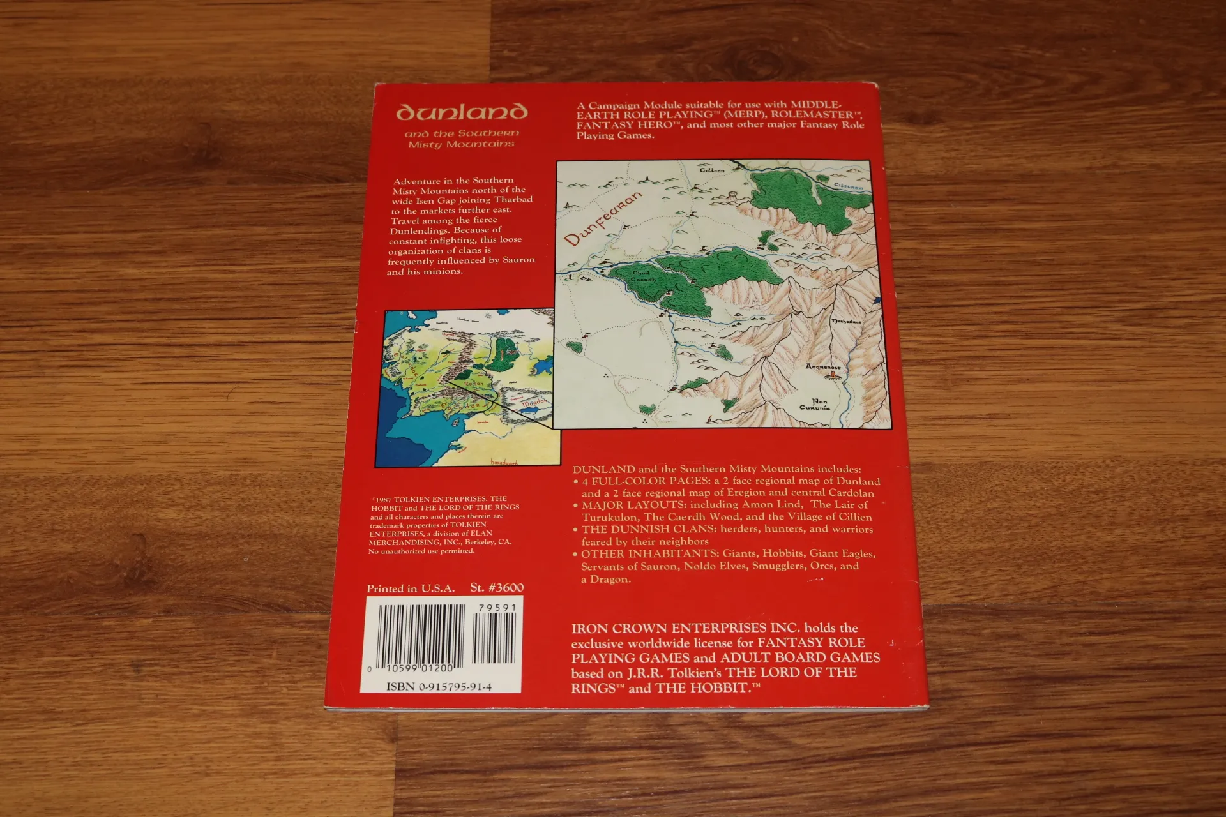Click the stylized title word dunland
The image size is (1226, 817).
click(x=462, y=112)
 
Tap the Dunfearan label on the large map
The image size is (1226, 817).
click(x=603, y=219)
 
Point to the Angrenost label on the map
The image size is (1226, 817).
click(x=822, y=367)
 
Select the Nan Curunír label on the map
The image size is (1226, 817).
click(x=815, y=405)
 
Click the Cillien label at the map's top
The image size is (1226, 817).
click(x=712, y=170)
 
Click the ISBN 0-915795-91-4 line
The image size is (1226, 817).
click(x=439, y=687)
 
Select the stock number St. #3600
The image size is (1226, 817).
click(x=497, y=588)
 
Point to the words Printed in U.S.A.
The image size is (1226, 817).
click(x=411, y=588)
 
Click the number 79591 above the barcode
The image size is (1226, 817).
click(x=497, y=608)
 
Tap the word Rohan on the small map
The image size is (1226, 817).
click(x=474, y=384)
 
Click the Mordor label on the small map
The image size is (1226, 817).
click(x=534, y=403)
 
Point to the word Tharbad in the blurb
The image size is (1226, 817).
click(x=513, y=199)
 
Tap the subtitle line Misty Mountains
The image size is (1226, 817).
click(x=461, y=144)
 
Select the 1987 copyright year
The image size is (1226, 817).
click(x=383, y=500)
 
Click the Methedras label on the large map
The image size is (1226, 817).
click(x=846, y=322)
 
